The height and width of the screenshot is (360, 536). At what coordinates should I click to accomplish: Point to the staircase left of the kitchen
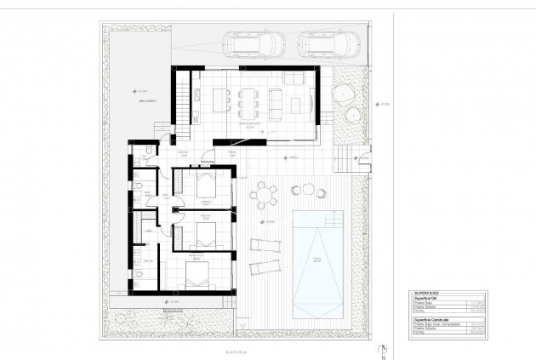coord(182,107)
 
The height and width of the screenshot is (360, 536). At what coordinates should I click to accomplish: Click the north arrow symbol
coord(385,349)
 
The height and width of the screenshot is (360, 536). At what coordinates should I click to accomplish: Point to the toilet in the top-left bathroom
coord(146,150)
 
